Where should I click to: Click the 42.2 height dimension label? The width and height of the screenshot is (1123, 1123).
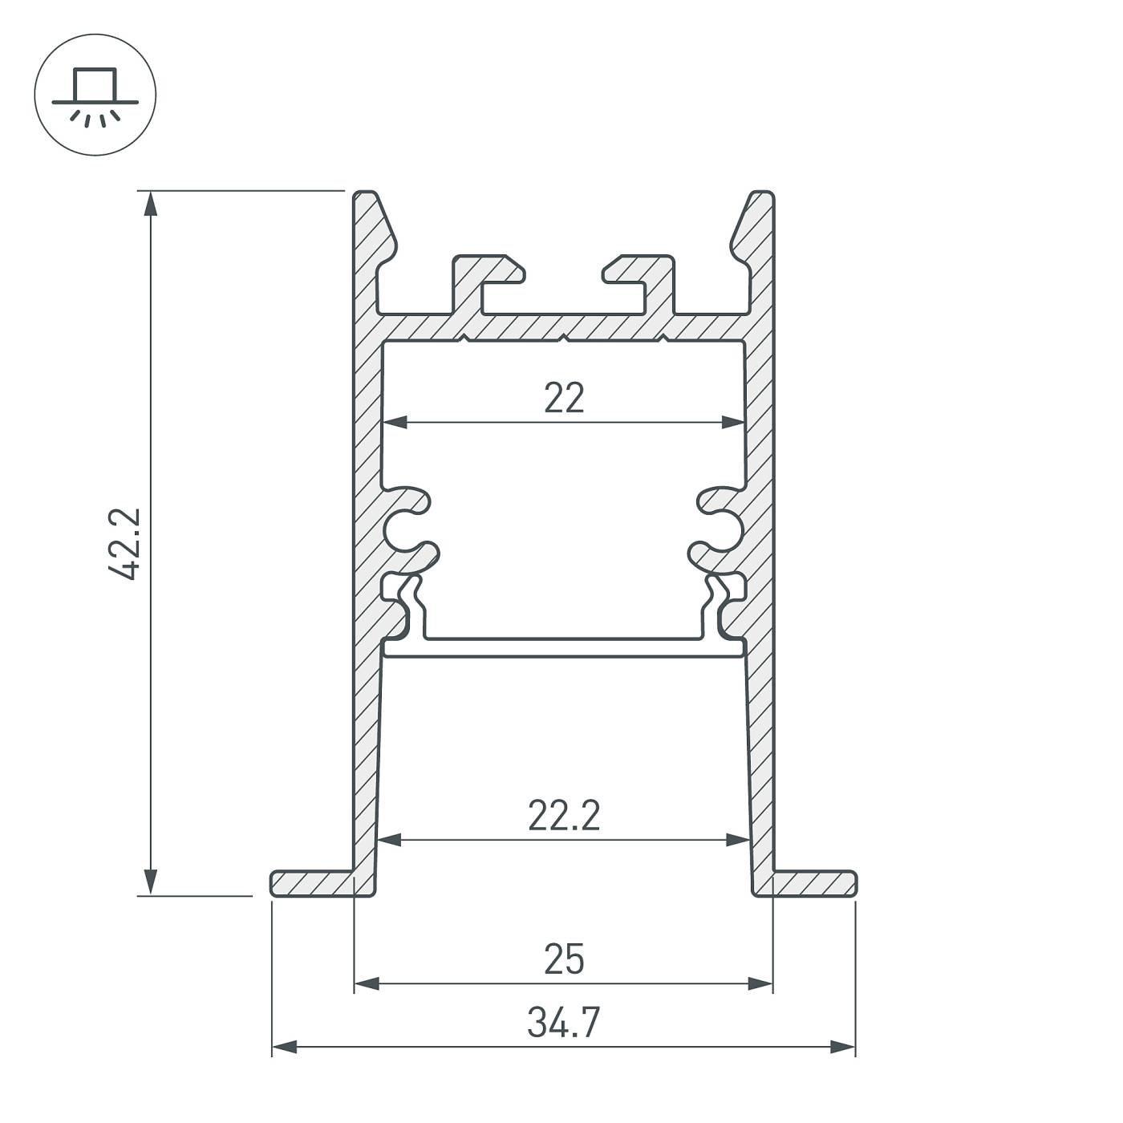coord(125,543)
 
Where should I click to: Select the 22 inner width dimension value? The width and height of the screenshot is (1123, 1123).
coord(564,398)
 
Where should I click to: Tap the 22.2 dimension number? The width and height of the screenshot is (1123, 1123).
coord(564,817)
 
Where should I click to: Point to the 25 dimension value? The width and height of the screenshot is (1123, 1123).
coord(564,959)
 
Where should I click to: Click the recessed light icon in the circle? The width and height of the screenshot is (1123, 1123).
coord(95,95)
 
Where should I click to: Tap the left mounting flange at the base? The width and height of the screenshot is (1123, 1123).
coord(313,883)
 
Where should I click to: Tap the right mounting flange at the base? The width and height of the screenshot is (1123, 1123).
coord(814,883)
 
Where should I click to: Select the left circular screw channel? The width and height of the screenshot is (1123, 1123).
coord(400,529)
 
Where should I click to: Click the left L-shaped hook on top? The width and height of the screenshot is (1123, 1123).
coord(481,277)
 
